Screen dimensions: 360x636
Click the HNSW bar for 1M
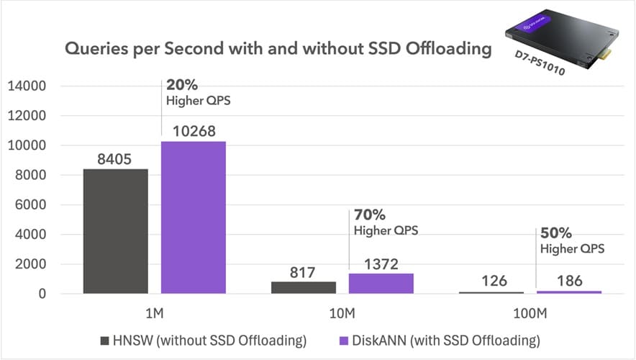tap(115, 231)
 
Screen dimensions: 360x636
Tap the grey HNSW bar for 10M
tap(304, 287)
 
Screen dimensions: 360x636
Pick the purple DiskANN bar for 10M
tap(381, 284)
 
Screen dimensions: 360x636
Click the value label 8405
tap(115, 158)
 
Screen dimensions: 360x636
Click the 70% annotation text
tap(371, 215)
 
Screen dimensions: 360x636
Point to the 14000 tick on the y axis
tap(27, 86)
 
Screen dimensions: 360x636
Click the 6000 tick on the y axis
tap(31, 205)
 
